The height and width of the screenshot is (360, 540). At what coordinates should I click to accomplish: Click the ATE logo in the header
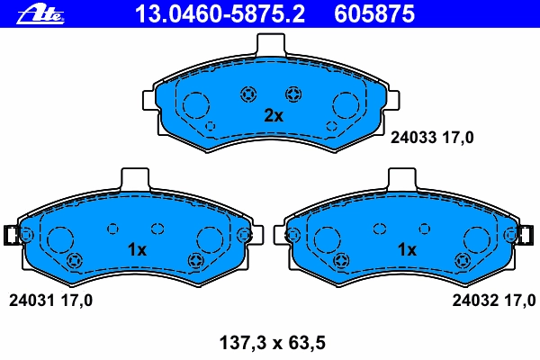click(x=40, y=14)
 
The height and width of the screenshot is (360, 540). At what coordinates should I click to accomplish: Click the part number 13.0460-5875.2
click(x=220, y=14)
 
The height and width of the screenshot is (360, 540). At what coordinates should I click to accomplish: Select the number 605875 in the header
click(x=374, y=14)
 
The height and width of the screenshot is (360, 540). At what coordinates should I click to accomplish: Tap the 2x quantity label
click(x=274, y=116)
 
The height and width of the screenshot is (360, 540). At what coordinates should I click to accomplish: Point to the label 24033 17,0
click(x=432, y=138)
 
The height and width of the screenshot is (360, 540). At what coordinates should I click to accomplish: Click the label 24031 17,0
click(x=50, y=301)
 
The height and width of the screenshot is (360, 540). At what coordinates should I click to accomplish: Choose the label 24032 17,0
click(x=494, y=301)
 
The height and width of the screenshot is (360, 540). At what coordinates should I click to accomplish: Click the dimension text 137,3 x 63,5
click(x=273, y=343)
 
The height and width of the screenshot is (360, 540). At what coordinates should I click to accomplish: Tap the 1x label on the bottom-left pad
click(x=137, y=249)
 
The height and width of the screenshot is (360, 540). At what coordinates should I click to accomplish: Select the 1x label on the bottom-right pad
click(x=407, y=249)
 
